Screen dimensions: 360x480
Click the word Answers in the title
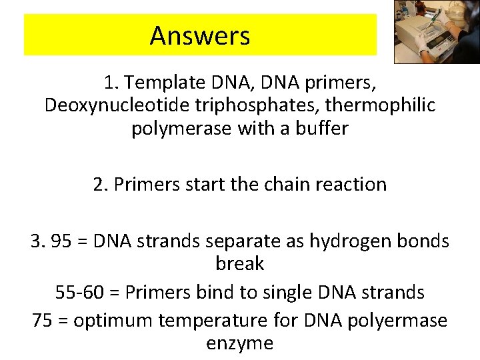coord(200,35)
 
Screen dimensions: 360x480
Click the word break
coord(240,264)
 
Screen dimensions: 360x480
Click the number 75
coord(43,321)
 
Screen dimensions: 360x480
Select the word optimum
coord(114,321)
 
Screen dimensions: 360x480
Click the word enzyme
coord(240,343)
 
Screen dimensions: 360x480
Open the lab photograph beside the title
coord(437,32)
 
